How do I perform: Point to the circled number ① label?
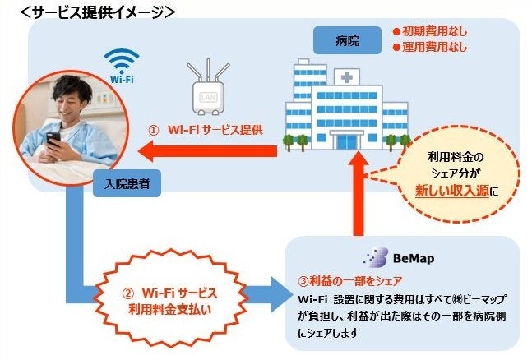click(154, 130)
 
